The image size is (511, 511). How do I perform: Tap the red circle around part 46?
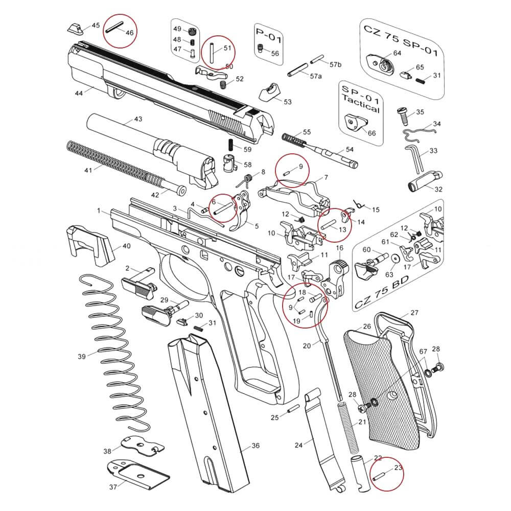[121, 31]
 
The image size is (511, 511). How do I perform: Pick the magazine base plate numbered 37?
[138, 472]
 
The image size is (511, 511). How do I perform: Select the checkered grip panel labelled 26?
[381, 388]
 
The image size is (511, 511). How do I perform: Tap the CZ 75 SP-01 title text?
[400, 32]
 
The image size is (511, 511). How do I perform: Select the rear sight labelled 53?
[269, 94]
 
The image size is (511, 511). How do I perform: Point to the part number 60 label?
[366, 250]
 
